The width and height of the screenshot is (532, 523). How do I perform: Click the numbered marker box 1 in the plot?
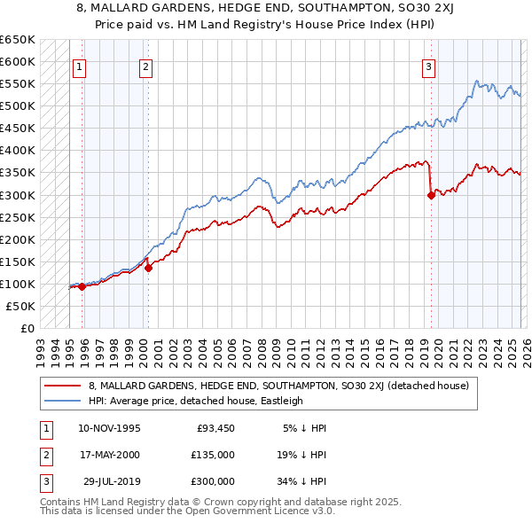(79, 66)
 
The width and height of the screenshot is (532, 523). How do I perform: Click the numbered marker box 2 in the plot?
(145, 66)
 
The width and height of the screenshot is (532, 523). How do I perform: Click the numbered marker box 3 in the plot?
(428, 66)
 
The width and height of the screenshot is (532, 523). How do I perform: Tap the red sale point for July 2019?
(431, 196)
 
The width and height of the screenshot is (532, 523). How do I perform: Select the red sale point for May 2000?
(148, 268)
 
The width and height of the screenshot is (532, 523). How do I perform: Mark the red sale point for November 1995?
(82, 286)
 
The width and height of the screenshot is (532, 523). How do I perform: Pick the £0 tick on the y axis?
(27, 328)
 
